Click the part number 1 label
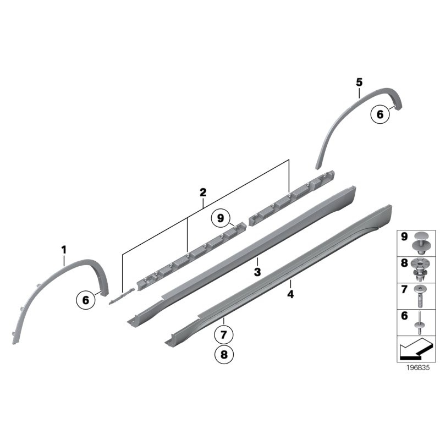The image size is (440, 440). tap(64, 250)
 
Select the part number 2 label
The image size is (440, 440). tap(203, 192)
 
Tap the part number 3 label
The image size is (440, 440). tap(257, 271)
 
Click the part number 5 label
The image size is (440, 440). tap(359, 82)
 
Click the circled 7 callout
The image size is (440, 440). tap(223, 334)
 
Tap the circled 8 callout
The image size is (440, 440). tap(223, 355)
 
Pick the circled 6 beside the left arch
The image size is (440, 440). tap(86, 300)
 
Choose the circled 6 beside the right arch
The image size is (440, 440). tap(379, 115)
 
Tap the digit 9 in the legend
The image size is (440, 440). tap(404, 237)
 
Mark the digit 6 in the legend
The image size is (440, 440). tap(404, 317)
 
